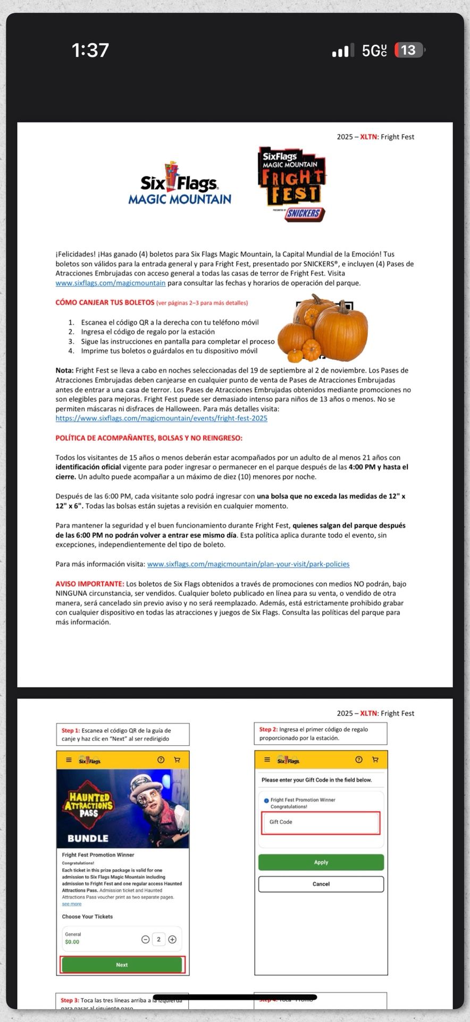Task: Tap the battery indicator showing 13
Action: [x=409, y=50]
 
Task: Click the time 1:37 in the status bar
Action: [x=90, y=50]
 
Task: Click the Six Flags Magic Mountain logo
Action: [x=180, y=184]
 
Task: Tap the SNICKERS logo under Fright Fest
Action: [x=304, y=213]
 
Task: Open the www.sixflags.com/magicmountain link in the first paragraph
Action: [x=110, y=283]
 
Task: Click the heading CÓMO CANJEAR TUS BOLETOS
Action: [x=105, y=302]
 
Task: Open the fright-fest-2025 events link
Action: [x=161, y=418]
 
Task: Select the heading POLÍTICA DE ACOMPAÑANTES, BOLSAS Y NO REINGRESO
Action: [x=149, y=438]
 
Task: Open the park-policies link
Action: [x=248, y=564]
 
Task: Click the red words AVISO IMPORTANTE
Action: [x=90, y=584]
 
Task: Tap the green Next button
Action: [x=122, y=965]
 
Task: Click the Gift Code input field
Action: [x=321, y=822]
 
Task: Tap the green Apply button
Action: [x=321, y=862]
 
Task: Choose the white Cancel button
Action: [x=321, y=884]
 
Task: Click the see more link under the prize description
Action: [x=72, y=904]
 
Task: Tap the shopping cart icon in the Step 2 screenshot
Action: [x=375, y=760]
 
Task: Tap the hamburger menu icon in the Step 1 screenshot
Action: [x=69, y=760]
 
